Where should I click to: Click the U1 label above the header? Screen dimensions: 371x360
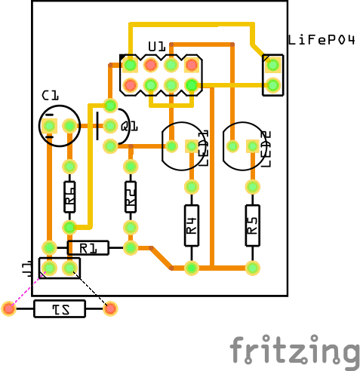(x=156, y=47)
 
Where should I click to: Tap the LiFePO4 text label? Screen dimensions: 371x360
(x=321, y=40)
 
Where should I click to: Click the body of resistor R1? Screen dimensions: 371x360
(x=88, y=247)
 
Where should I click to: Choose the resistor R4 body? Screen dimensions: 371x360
(x=192, y=225)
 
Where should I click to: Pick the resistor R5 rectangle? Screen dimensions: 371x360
(x=253, y=225)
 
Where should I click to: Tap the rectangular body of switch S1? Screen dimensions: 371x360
(x=60, y=308)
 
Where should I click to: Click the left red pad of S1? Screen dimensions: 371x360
(x=9, y=308)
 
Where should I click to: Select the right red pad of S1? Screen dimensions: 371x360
(x=110, y=308)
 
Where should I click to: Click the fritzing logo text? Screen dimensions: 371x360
(x=294, y=351)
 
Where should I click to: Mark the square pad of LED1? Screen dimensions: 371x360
(x=171, y=146)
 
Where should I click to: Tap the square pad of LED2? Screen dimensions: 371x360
(x=232, y=146)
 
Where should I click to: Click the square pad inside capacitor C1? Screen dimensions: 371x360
(x=50, y=125)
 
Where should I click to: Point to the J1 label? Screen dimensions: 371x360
(x=26, y=267)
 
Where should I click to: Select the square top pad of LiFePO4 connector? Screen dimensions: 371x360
(x=273, y=65)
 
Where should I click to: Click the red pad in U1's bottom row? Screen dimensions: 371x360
(x=130, y=85)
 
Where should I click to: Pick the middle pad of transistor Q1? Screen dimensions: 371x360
(x=110, y=125)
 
